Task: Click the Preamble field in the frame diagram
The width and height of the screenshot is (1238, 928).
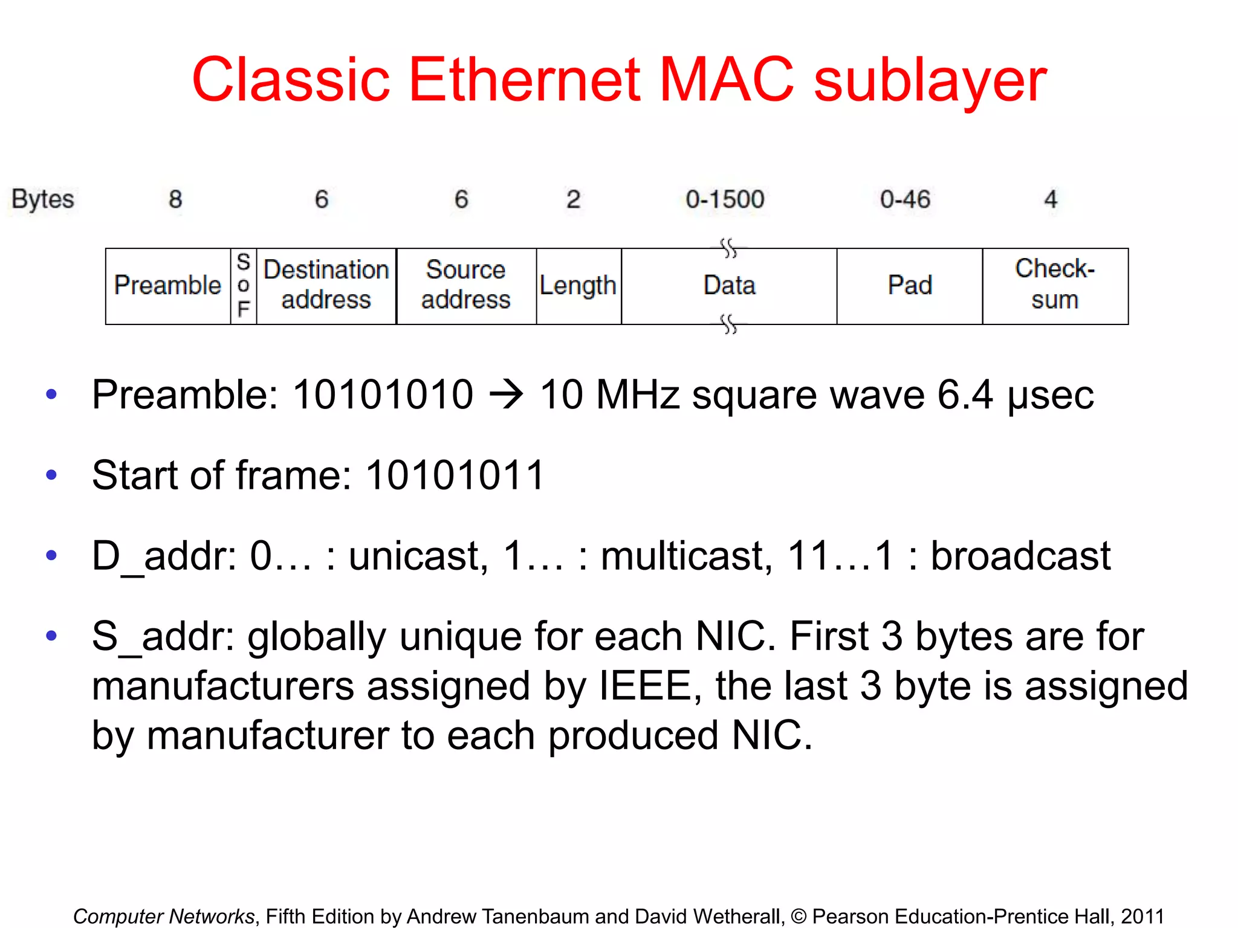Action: coord(168,286)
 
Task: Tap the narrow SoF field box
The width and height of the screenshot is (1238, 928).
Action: coord(244,286)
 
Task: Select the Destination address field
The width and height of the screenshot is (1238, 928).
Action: coord(326,286)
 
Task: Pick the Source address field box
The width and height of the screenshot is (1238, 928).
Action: coord(466,286)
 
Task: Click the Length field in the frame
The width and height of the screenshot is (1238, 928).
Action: coord(578,286)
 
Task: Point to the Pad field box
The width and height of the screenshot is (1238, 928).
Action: coord(910,286)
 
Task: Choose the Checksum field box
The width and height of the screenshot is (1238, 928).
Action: coord(1055,286)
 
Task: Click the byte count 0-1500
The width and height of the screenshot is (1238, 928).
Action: coord(725,199)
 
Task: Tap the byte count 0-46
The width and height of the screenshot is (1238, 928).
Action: coord(905,199)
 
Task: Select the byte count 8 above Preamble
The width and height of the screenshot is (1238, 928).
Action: coord(175,199)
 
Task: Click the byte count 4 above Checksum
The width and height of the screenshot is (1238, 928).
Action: coord(1051,199)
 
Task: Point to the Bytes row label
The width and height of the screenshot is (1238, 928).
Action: coord(43,199)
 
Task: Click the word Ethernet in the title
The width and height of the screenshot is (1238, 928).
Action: coord(524,80)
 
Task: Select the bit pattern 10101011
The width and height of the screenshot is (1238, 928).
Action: coord(455,475)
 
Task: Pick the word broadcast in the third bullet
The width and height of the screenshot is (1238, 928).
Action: coord(1020,556)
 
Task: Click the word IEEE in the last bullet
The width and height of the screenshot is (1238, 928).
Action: coord(645,686)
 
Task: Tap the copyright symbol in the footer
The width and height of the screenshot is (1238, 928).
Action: coord(799,917)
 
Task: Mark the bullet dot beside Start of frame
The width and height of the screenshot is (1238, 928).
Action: coord(51,475)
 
